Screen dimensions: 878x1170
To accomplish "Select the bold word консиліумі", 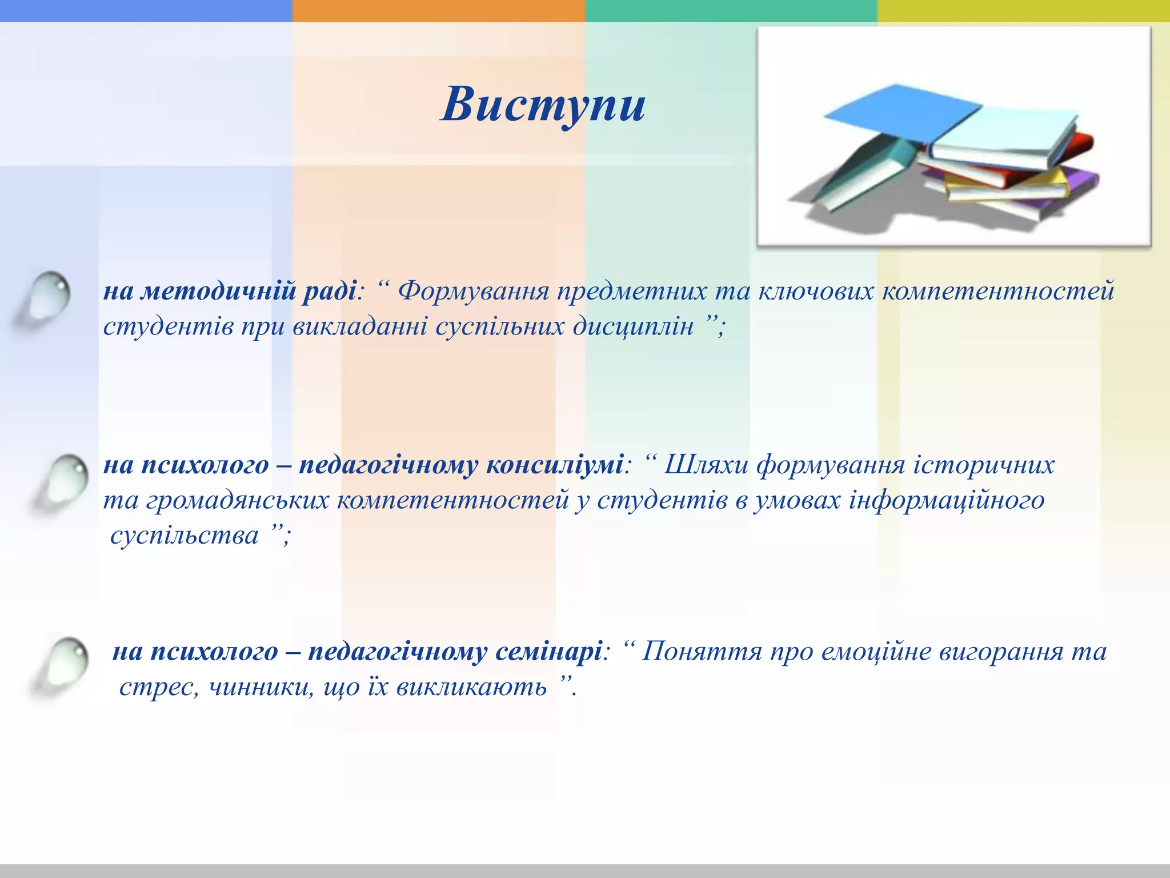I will tap(554, 465).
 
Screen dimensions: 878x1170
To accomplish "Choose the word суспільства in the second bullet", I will tap(184, 536).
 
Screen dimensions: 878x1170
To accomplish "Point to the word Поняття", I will tap(702, 652).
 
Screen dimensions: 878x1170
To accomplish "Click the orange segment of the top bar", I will tap(438, 10).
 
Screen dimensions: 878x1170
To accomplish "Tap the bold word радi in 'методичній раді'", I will tap(330, 292).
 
